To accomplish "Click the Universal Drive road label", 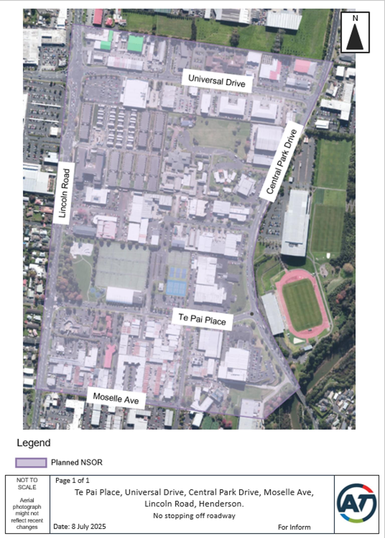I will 217,81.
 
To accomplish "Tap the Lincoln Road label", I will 64,193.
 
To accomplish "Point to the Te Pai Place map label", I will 202,319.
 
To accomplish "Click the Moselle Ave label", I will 116,398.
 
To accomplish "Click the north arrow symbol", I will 355,33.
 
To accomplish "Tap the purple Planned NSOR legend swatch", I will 31,463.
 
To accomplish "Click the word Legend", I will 34,443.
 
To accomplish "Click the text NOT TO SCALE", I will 27,484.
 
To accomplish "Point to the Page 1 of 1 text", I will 72,480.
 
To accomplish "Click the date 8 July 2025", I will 88,526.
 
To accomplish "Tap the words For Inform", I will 294,527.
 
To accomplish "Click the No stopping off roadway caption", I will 194,516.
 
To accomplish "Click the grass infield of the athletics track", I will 302,305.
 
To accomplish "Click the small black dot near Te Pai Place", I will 252,314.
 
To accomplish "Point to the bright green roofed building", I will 135,44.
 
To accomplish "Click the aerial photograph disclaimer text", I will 27,513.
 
